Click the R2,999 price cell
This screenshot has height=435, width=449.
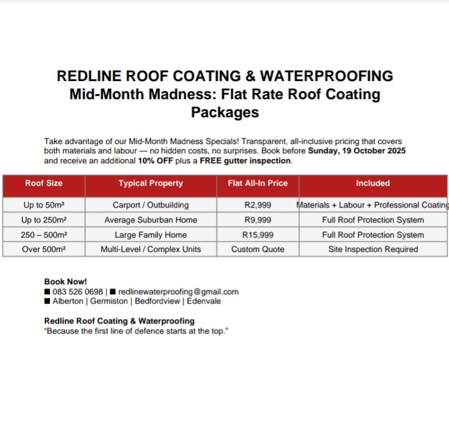tap(258, 205)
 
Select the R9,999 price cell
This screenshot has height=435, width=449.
tap(258, 220)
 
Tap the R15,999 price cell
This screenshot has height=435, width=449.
tap(258, 235)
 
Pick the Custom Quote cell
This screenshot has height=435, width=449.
tap(258, 249)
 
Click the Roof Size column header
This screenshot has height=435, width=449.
tap(44, 183)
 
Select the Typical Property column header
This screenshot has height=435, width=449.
tap(151, 183)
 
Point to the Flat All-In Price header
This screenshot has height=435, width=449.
tap(258, 183)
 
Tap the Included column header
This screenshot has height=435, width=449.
tap(373, 183)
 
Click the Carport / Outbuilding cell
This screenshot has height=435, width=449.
tap(151, 205)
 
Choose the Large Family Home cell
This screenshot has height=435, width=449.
tap(151, 235)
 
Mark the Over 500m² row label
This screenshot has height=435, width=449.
tap(44, 249)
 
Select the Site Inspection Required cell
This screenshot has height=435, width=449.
tap(373, 249)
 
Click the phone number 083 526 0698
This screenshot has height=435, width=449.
tap(78, 292)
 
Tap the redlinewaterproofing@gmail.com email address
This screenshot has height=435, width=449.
tap(178, 292)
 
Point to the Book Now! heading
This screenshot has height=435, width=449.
tap(65, 282)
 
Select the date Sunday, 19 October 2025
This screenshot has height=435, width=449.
tap(357, 151)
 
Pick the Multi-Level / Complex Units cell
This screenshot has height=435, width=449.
tap(151, 249)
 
